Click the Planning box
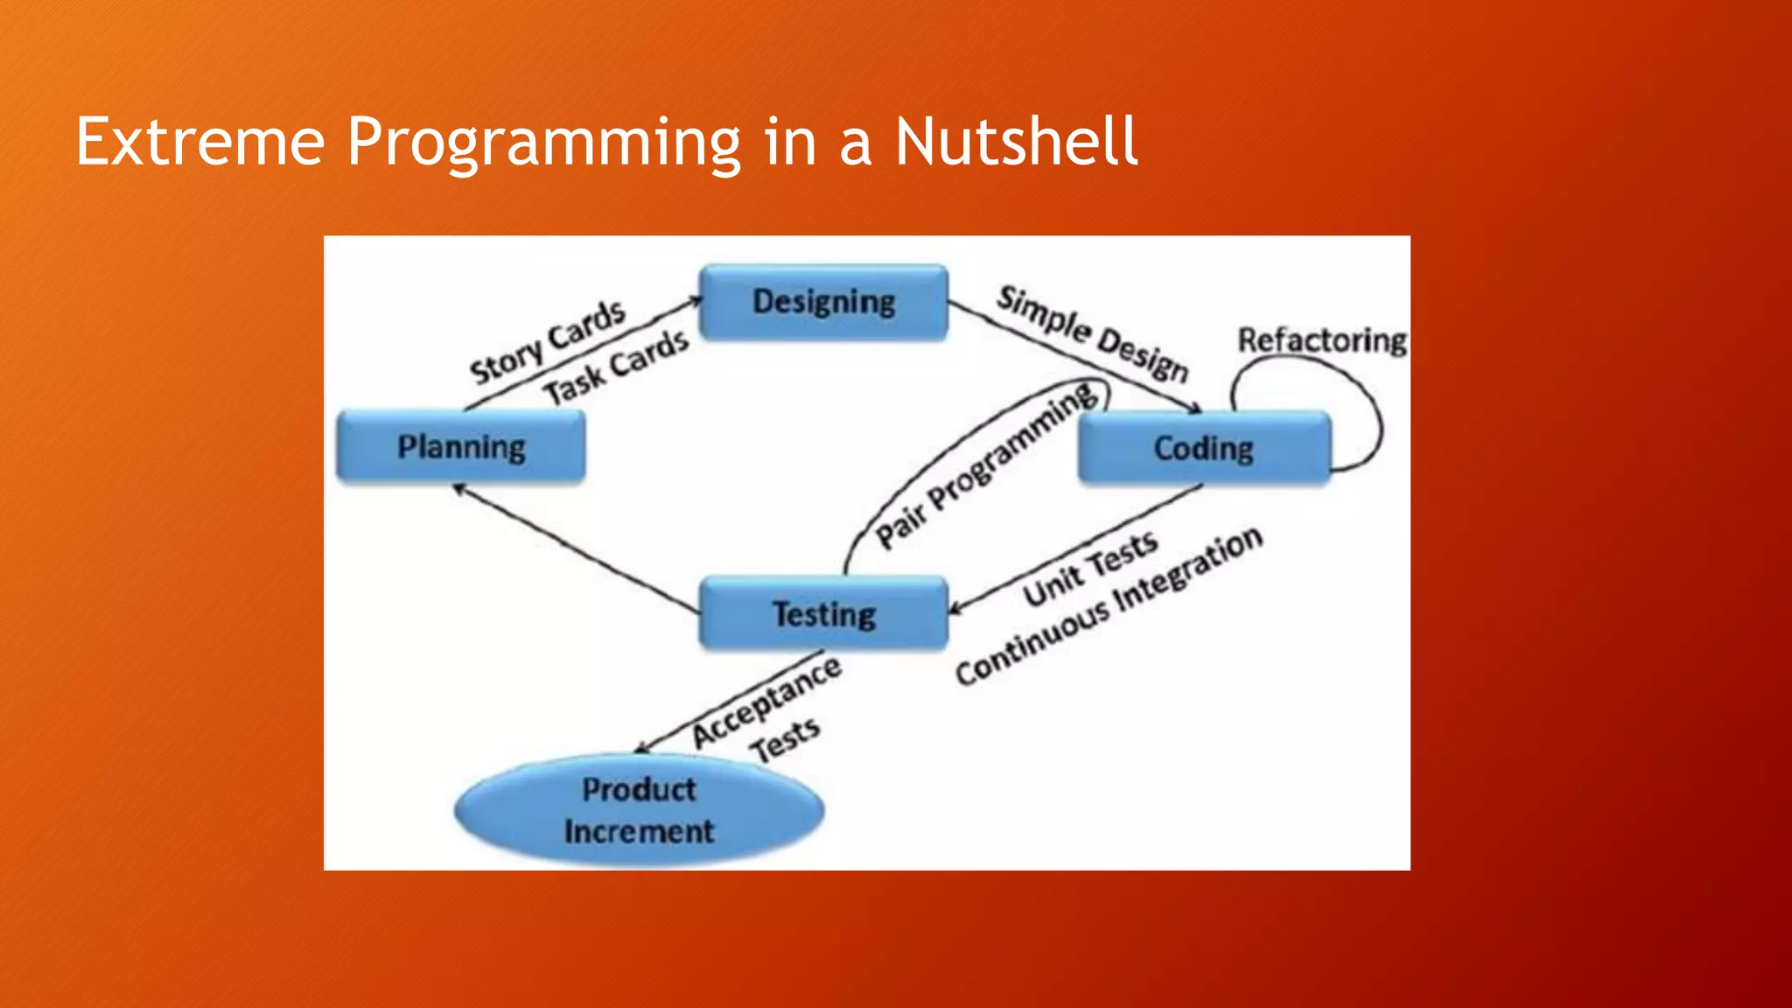tap(461, 447)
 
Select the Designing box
tap(823, 302)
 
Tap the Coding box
tap(1204, 448)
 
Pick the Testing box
tap(823, 613)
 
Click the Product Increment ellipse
tap(639, 810)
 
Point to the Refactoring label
tap(1321, 340)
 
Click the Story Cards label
tap(548, 342)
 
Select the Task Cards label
tap(616, 368)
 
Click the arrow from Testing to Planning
tap(577, 549)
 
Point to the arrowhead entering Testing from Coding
tap(956, 609)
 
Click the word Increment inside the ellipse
tap(639, 831)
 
